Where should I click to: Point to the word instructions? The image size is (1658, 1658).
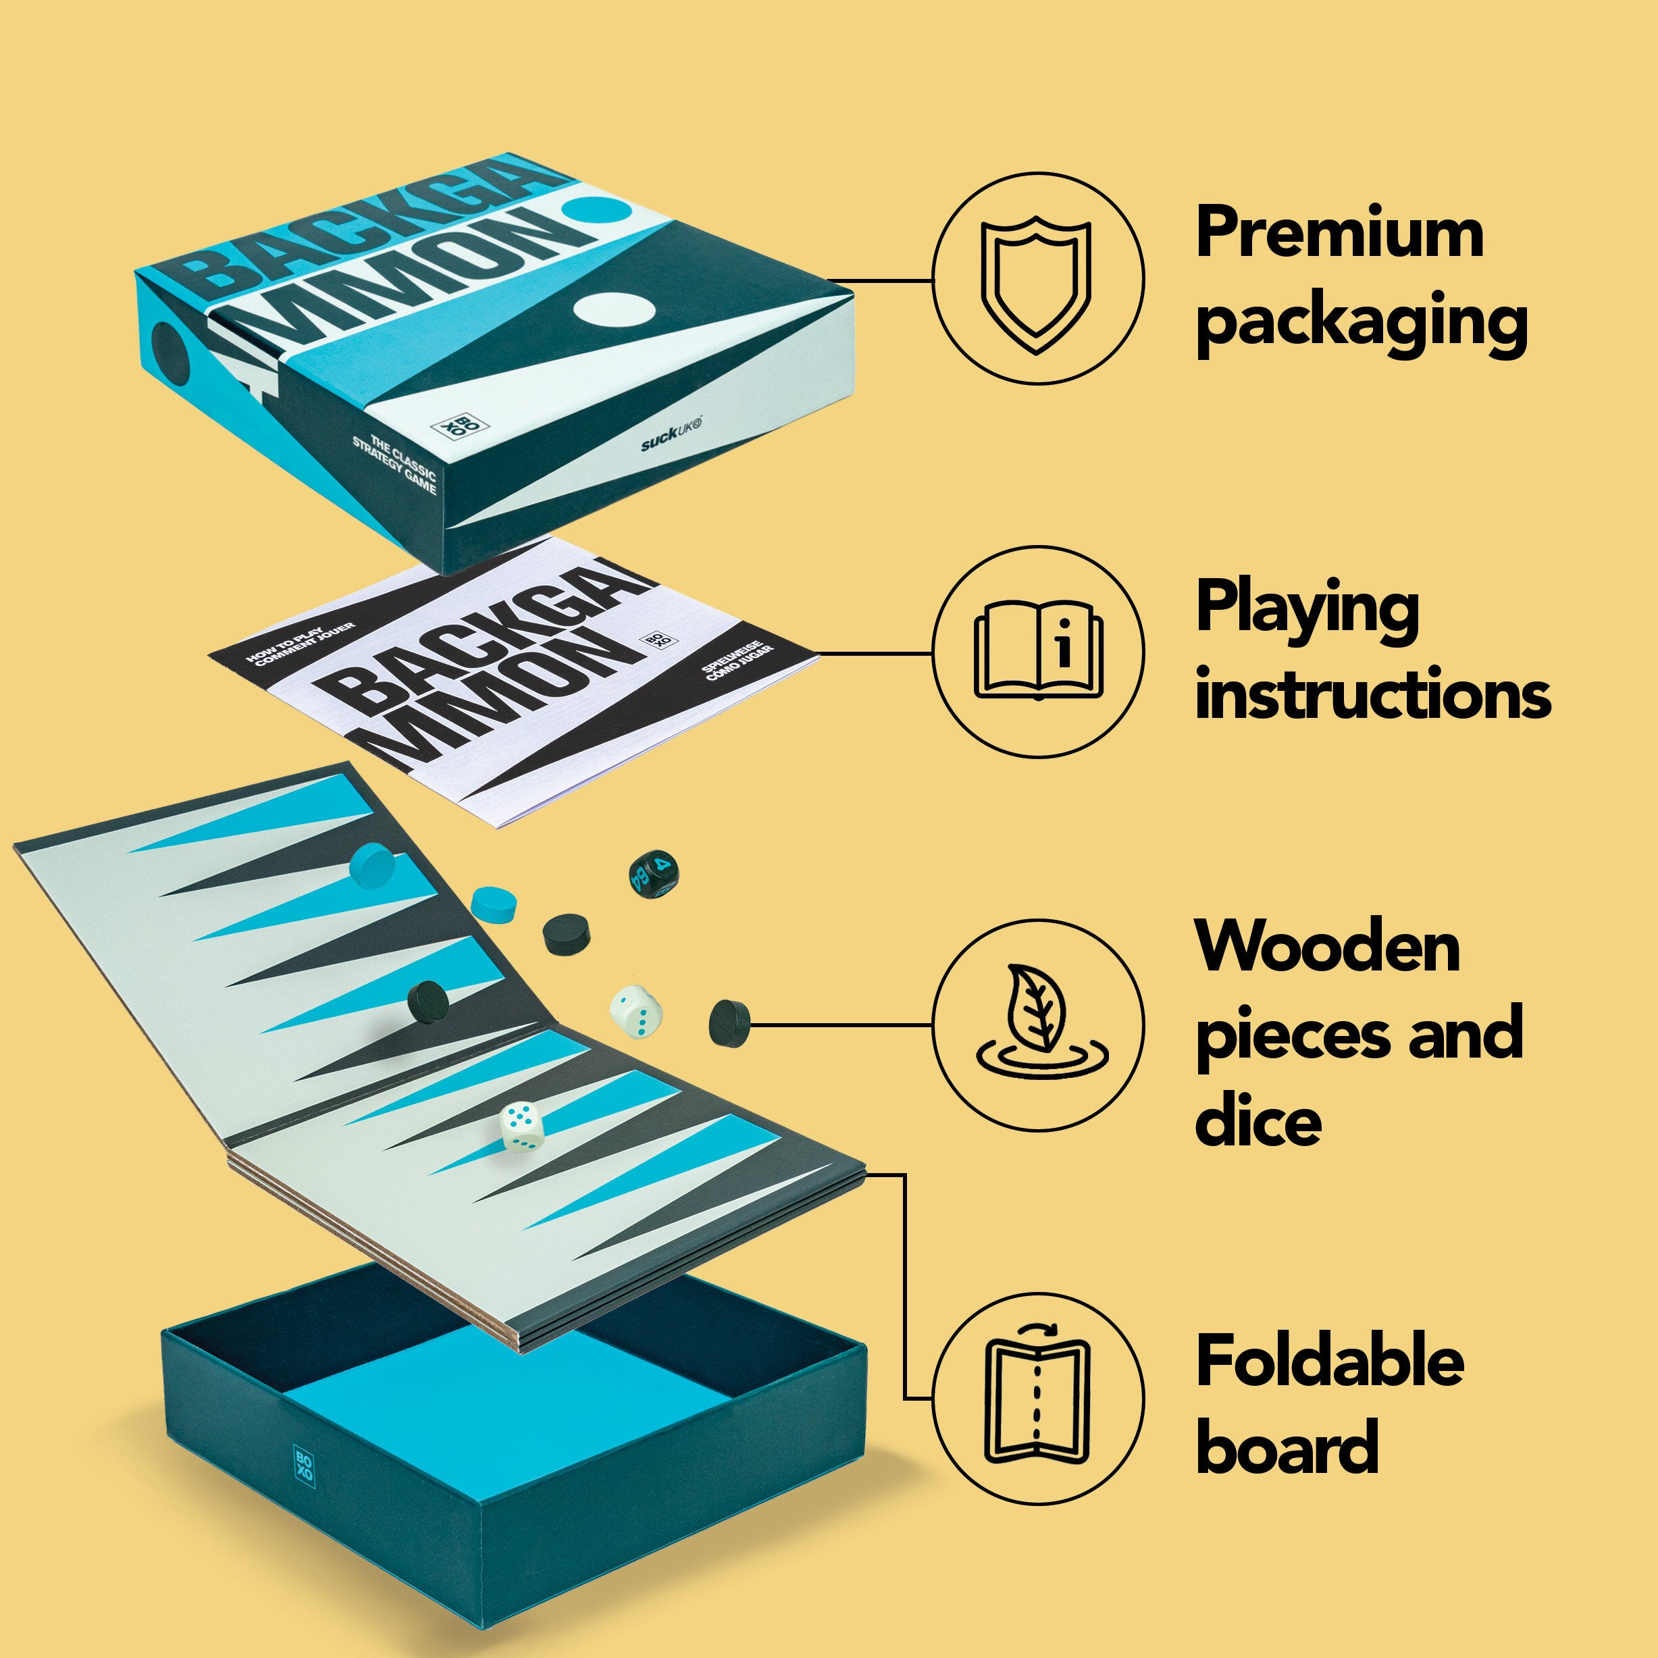coord(1372,694)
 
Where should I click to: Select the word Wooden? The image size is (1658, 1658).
coord(1328,947)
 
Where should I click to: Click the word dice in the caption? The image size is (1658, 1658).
coord(1258,1122)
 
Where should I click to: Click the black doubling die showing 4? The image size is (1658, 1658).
coord(654,875)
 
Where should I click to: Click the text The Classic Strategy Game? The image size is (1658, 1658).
coord(396,463)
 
